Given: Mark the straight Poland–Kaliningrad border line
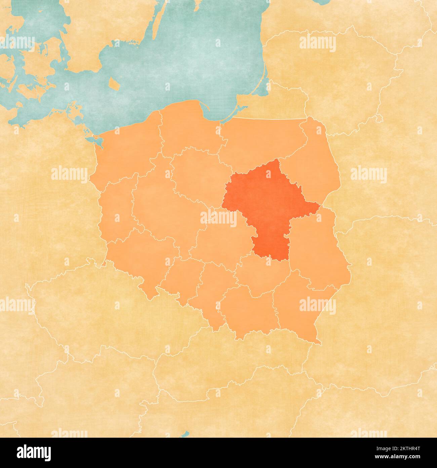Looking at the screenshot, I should coord(269,119).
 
